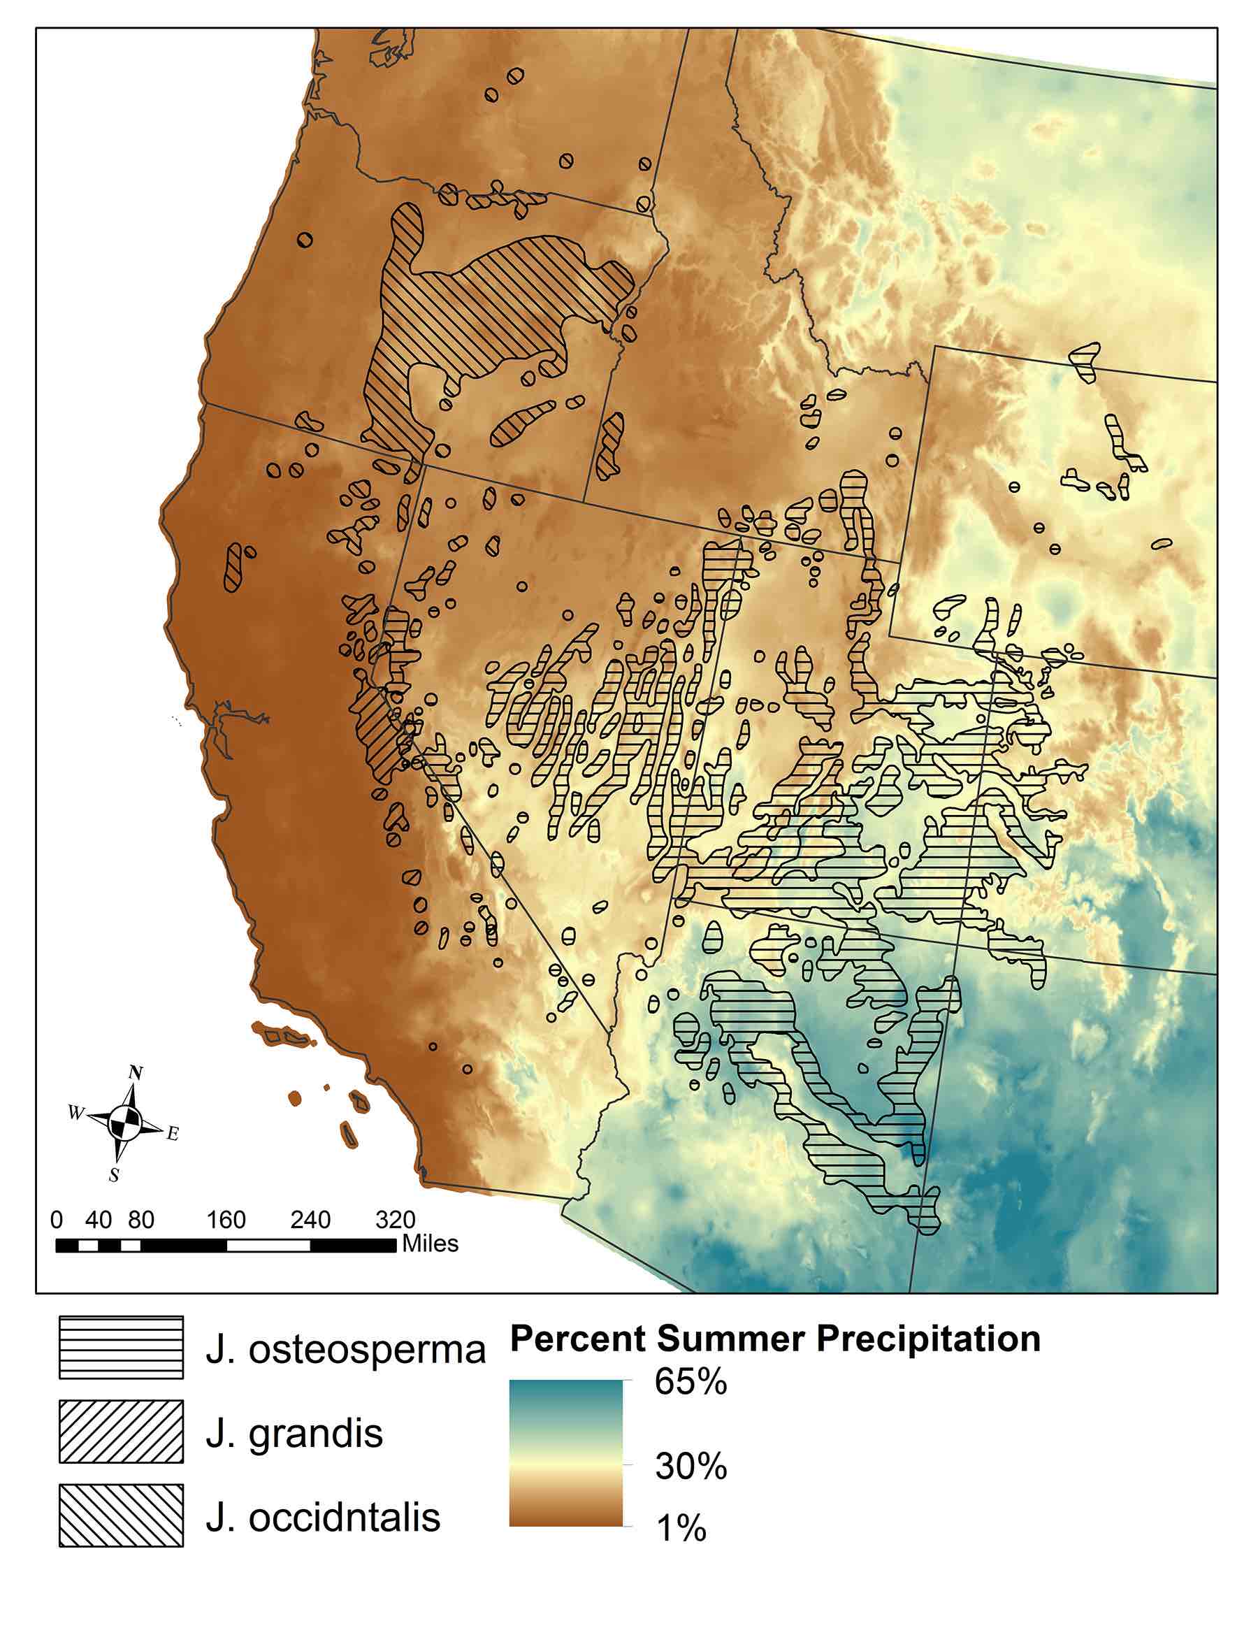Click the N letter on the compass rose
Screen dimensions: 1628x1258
(136, 1073)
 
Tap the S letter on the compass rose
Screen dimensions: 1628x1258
(114, 1176)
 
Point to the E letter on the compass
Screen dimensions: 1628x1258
(172, 1134)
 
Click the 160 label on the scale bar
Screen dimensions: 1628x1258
(226, 1220)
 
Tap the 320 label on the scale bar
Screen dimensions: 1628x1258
(395, 1220)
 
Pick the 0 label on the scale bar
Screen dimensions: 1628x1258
(57, 1220)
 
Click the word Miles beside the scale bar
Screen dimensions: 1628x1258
(430, 1244)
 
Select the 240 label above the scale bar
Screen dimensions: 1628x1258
(310, 1220)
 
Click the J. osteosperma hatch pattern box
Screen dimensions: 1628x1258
(122, 1348)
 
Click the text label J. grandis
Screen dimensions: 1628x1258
(294, 1433)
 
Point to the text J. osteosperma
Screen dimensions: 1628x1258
(345, 1349)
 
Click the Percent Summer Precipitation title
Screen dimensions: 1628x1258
(775, 1338)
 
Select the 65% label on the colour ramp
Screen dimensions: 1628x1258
(690, 1381)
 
